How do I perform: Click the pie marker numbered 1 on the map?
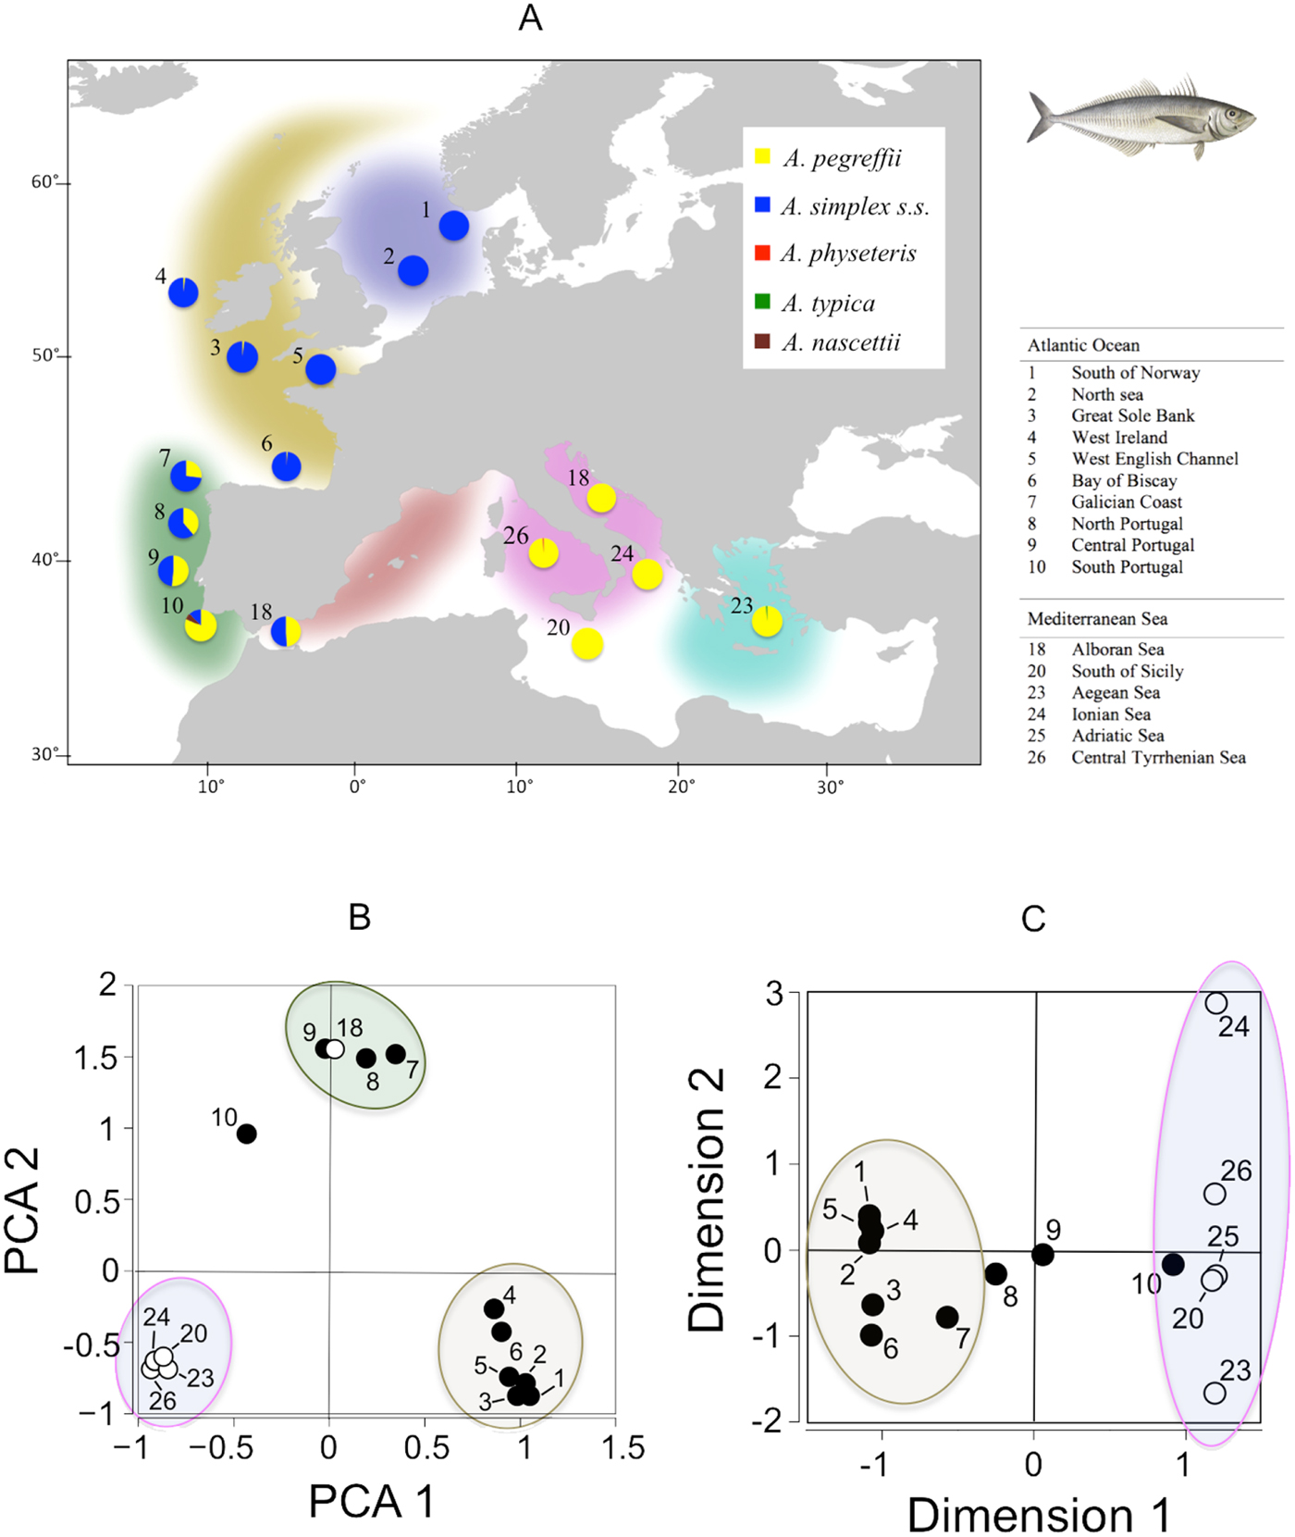(x=453, y=225)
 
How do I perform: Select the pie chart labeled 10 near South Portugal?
(x=201, y=626)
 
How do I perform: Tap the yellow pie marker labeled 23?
(x=767, y=621)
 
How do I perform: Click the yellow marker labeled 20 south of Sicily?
(x=587, y=643)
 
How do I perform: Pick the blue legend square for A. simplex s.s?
(x=762, y=205)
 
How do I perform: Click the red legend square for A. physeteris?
(x=762, y=253)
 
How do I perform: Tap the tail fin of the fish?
(x=1041, y=118)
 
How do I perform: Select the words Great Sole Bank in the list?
(x=1132, y=415)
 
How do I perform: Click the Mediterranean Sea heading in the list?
(x=1096, y=618)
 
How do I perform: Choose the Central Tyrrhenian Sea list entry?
(x=1157, y=757)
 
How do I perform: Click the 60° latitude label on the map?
(x=45, y=182)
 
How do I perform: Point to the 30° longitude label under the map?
(x=830, y=787)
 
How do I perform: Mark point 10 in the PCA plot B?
(x=246, y=1134)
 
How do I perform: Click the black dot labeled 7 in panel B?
(x=395, y=1054)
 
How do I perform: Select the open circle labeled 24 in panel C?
(x=1215, y=1003)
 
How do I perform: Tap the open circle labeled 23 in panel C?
(x=1215, y=1393)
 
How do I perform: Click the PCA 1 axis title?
(x=371, y=1500)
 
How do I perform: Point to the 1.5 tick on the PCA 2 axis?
(x=95, y=1058)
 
